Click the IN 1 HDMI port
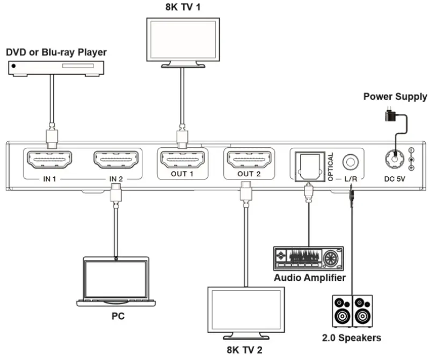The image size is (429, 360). (49, 159)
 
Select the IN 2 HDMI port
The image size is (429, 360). (117, 159)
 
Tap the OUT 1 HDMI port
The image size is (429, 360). (182, 160)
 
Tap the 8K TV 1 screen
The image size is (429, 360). (183, 39)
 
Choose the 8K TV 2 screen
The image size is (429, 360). (246, 309)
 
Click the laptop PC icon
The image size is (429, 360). (116, 282)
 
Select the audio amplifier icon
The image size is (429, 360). (308, 259)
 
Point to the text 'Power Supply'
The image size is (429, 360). (395, 97)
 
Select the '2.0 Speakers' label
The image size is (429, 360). (352, 338)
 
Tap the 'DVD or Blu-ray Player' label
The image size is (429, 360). (56, 52)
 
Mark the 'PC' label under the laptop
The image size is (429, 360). (118, 316)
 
